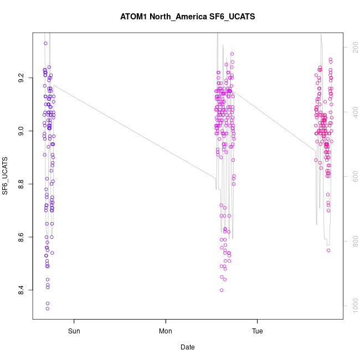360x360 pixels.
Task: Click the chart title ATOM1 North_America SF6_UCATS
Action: [187, 17]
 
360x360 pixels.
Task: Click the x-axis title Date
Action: [187, 347]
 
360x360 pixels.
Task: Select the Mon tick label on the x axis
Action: [166, 332]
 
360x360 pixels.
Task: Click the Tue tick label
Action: [258, 332]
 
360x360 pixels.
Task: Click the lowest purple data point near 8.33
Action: [48, 308]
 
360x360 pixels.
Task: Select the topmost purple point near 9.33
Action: [45, 43]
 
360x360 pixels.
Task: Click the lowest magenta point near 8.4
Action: [222, 290]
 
